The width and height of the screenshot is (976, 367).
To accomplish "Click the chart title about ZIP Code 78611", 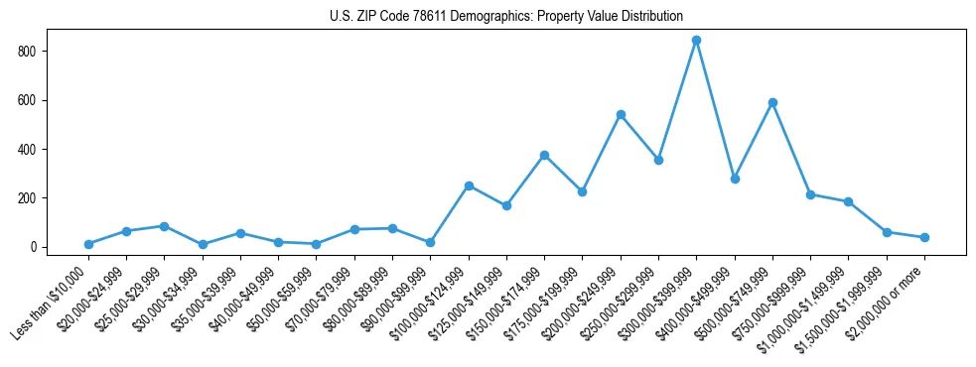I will (x=506, y=16).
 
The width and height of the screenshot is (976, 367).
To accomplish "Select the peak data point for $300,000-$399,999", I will (x=697, y=40).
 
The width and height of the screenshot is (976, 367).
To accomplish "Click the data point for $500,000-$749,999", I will (x=772, y=102).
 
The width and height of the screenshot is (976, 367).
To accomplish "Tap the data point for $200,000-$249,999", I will (x=621, y=114).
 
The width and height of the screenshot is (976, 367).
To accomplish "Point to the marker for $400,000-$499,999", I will (x=735, y=179).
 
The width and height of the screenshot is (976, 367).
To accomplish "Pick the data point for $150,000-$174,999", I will (x=544, y=155).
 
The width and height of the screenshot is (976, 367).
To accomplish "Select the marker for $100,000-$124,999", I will (x=469, y=185).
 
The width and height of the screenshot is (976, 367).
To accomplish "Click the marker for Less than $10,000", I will (x=88, y=244).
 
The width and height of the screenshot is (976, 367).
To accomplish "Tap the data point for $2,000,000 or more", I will (x=924, y=237).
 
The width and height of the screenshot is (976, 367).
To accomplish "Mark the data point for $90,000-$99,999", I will (x=430, y=242).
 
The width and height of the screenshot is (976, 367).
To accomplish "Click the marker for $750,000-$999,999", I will (x=811, y=194).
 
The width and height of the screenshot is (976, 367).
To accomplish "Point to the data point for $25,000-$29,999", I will (x=164, y=226).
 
